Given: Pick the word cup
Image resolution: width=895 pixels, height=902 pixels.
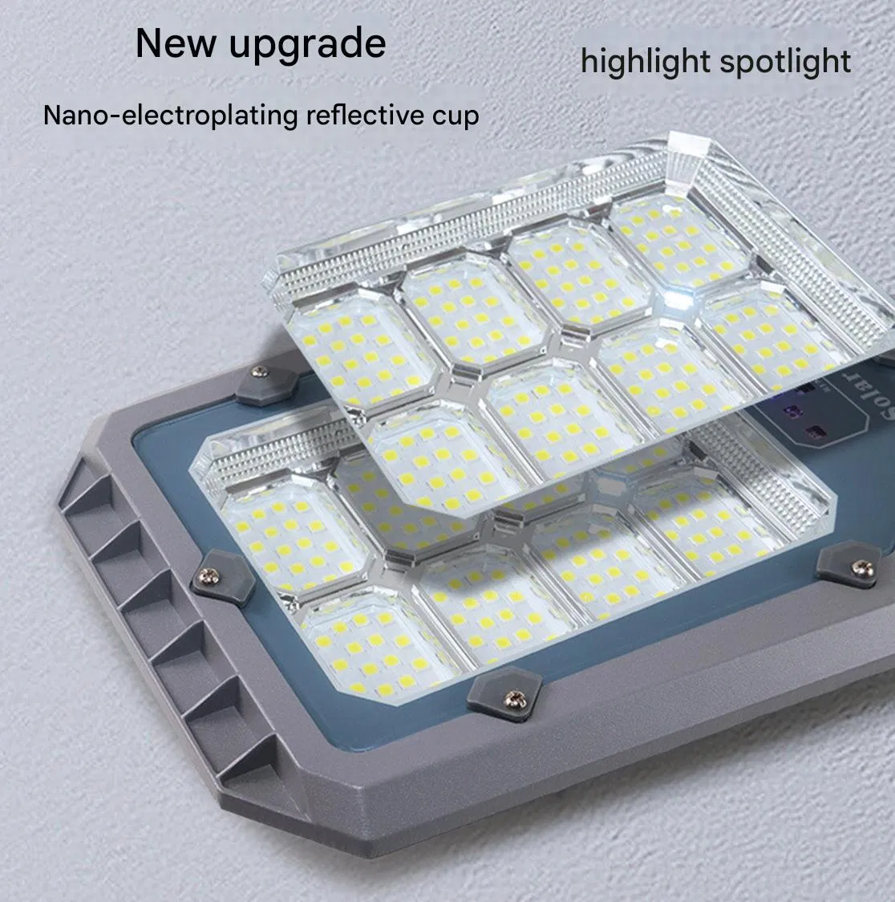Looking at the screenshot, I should (x=455, y=116).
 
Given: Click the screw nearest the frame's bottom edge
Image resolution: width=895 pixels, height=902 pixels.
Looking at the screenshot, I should (x=510, y=699).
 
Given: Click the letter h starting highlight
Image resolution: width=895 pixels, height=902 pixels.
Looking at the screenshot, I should (x=587, y=61).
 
